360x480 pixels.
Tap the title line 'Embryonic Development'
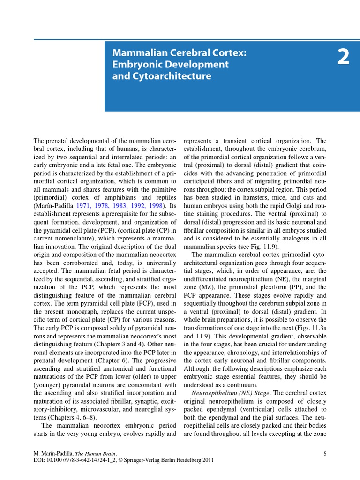(x=170, y=64)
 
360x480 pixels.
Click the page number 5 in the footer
(x=325, y=453)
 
